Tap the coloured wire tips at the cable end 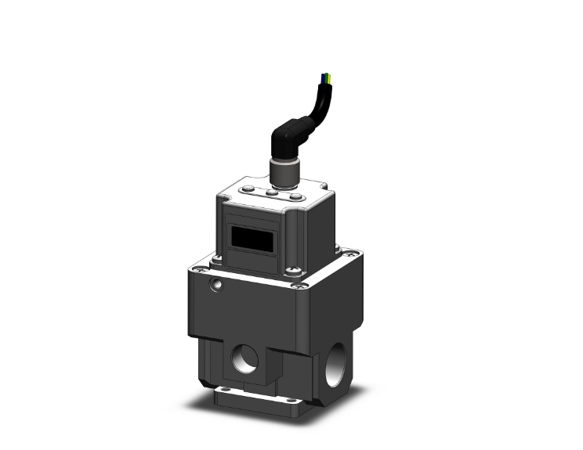tap(327, 78)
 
